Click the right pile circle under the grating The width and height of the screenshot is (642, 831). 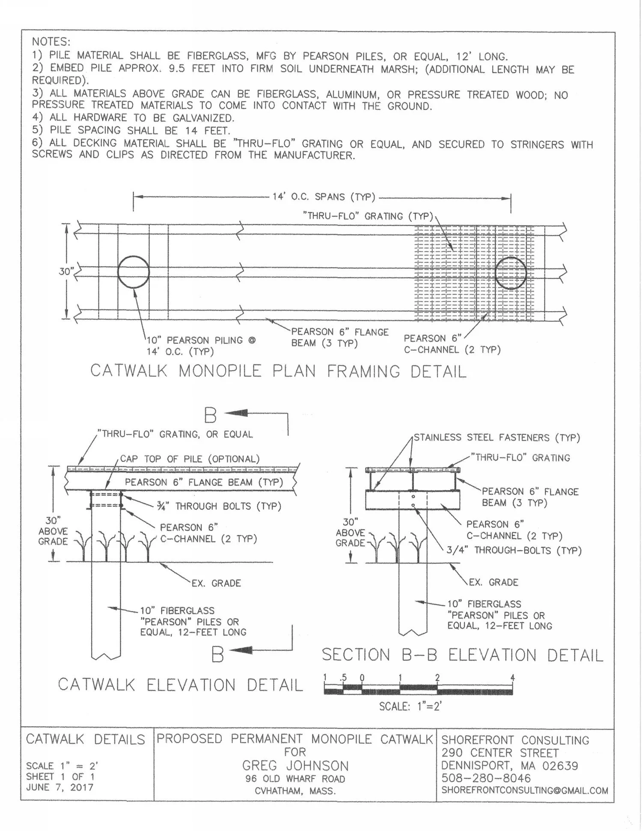point(511,273)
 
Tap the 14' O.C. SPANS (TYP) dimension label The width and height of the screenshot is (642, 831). point(324,197)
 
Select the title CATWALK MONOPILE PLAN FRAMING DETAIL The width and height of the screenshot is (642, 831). point(278,371)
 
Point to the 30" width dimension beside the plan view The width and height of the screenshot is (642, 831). point(65,271)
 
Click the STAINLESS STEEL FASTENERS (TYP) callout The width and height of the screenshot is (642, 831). point(496,438)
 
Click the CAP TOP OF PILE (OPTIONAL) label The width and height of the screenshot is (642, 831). point(190,459)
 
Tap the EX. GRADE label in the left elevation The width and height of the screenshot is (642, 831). point(216,583)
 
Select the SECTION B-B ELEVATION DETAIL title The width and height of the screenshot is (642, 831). point(462,655)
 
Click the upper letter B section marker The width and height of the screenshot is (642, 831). point(210,415)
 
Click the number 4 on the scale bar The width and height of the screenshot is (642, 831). point(512,678)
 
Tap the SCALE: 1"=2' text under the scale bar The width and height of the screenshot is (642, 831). point(410,706)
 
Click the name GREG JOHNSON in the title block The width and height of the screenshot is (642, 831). point(295,766)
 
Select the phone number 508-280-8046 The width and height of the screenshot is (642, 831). point(486,778)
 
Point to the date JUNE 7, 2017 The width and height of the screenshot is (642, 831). point(59,787)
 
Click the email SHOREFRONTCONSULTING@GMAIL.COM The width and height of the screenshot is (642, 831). point(524,791)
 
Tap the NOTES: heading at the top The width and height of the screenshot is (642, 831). point(51,42)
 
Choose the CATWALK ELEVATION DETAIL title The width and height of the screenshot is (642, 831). point(180,685)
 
